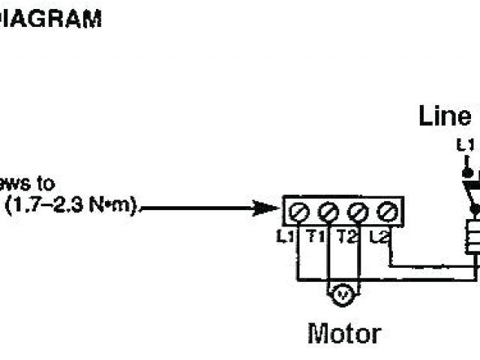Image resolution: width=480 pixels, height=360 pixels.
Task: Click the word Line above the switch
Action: (445, 116)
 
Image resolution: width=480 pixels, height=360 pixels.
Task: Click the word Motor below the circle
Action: (344, 332)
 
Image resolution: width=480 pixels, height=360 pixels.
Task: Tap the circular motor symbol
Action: (343, 296)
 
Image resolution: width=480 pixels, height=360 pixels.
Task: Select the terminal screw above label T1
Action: (328, 213)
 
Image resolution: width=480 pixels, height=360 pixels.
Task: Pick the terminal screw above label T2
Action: (357, 213)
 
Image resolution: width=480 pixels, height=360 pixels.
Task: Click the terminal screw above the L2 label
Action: (386, 213)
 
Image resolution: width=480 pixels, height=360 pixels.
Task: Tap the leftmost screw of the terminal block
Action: (298, 213)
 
